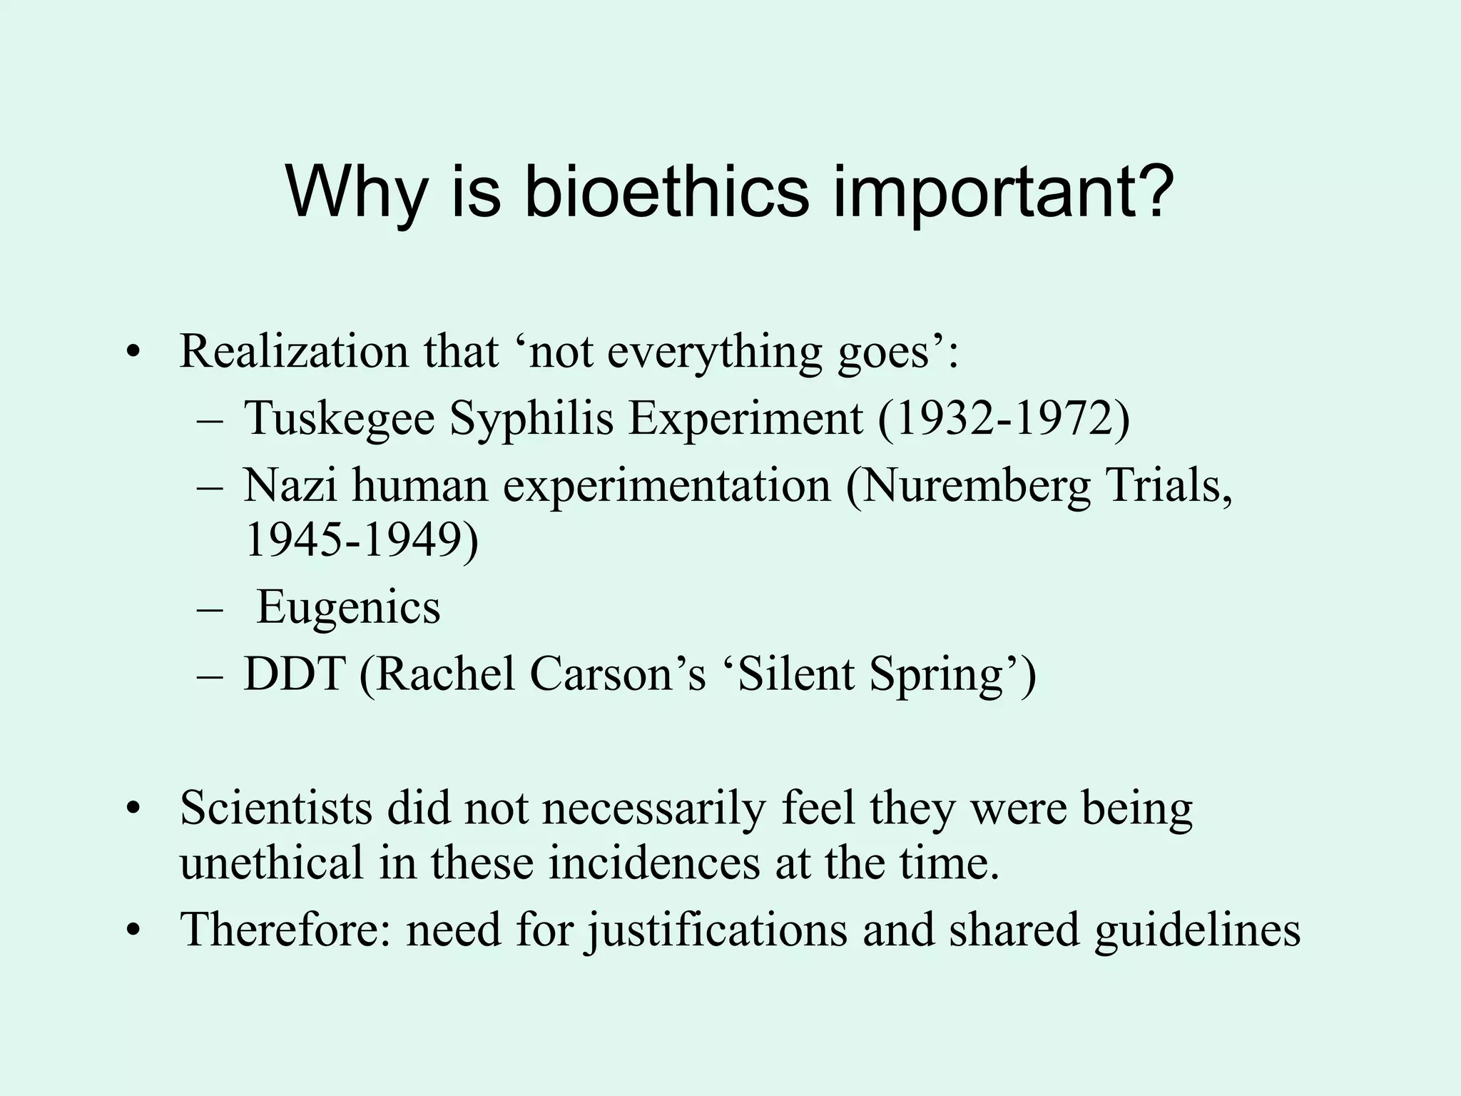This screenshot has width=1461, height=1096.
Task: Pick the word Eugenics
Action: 348,608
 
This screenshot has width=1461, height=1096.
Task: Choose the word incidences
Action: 654,863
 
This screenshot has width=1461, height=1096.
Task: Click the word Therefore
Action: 285,930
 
